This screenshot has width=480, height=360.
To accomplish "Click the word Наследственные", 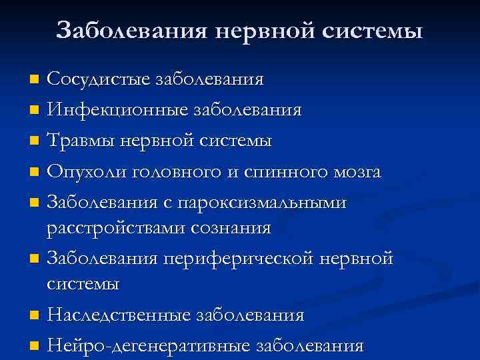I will (118, 315).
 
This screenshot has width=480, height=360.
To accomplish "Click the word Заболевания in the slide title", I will (132, 30).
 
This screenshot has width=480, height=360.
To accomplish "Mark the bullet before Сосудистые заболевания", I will (35, 80).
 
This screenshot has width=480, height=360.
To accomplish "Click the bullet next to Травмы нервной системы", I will (35, 141).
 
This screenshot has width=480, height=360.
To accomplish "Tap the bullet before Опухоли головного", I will (35, 173).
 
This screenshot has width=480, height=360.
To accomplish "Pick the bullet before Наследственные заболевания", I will (35, 315).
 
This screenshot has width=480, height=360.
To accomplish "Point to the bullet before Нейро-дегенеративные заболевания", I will (35, 345).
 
